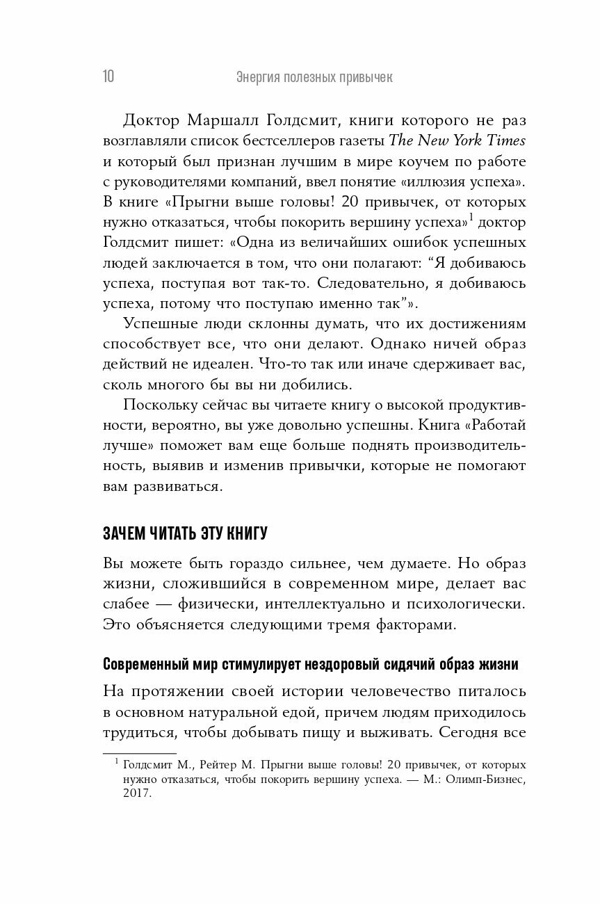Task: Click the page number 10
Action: [109, 77]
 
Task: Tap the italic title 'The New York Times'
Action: [457, 140]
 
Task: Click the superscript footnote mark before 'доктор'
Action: [471, 218]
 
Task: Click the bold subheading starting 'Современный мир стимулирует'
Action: [310, 663]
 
